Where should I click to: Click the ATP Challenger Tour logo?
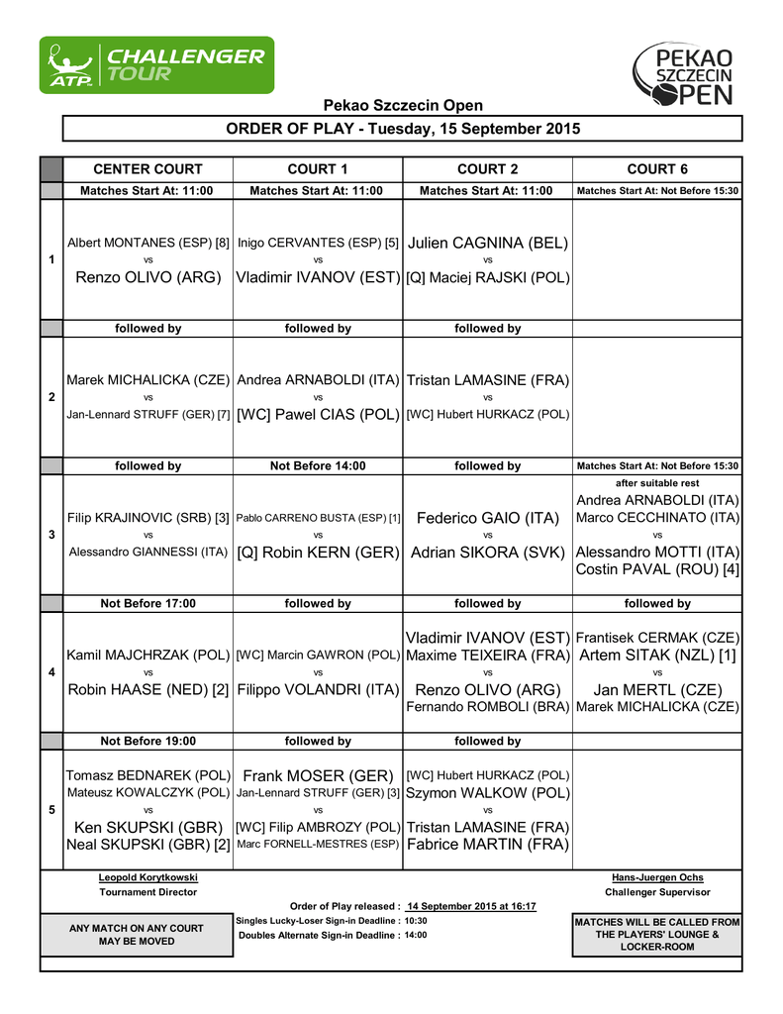pos(156,65)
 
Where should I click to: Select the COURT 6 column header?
pos(657,169)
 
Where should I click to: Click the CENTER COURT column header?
pos(147,169)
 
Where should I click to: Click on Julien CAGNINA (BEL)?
pos(487,243)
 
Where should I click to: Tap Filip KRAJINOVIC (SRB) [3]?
pos(147,518)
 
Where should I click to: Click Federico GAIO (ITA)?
pos(487,518)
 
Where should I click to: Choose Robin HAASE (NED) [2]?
pos(147,690)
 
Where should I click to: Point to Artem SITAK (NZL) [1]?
pos(657,655)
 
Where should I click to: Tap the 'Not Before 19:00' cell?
pos(147,741)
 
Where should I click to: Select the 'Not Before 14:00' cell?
pos(318,465)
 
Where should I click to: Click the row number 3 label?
pos(51,535)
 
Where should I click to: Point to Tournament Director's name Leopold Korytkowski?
pos(147,877)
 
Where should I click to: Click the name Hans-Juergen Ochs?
pos(657,877)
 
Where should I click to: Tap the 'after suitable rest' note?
pos(657,483)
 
